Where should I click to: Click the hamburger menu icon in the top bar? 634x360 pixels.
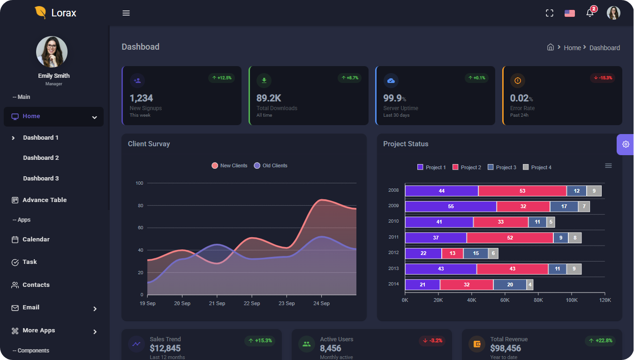126,13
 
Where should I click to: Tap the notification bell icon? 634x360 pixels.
590,13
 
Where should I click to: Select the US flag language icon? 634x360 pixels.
570,13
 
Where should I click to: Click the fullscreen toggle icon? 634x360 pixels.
550,13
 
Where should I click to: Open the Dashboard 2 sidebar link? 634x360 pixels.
41,158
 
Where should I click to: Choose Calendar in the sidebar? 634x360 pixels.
36,240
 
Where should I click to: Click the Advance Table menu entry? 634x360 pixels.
45,200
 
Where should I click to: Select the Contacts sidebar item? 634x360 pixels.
36,285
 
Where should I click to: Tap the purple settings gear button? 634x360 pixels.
626,144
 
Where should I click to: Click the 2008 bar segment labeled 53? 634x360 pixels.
522,191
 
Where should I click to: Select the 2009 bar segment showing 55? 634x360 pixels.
451,206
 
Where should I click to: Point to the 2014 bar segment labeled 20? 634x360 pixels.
510,285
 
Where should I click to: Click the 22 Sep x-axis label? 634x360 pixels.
252,303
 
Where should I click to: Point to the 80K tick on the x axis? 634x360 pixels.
538,300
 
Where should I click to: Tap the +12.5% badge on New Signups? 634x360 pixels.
221,78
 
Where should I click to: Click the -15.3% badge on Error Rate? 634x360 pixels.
603,78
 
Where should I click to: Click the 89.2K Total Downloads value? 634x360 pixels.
269,98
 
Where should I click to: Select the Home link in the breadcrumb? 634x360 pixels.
572,48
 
